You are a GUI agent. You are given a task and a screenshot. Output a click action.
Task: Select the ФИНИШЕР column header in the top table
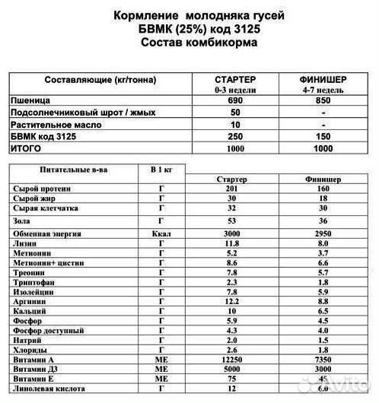(323, 79)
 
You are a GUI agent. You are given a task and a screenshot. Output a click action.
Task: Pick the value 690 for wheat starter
(235, 100)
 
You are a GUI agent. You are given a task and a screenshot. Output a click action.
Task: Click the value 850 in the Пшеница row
(323, 100)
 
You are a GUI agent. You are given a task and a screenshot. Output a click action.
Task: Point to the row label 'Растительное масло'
(56, 123)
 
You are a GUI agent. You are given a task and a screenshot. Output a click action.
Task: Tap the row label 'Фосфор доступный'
(48, 332)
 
